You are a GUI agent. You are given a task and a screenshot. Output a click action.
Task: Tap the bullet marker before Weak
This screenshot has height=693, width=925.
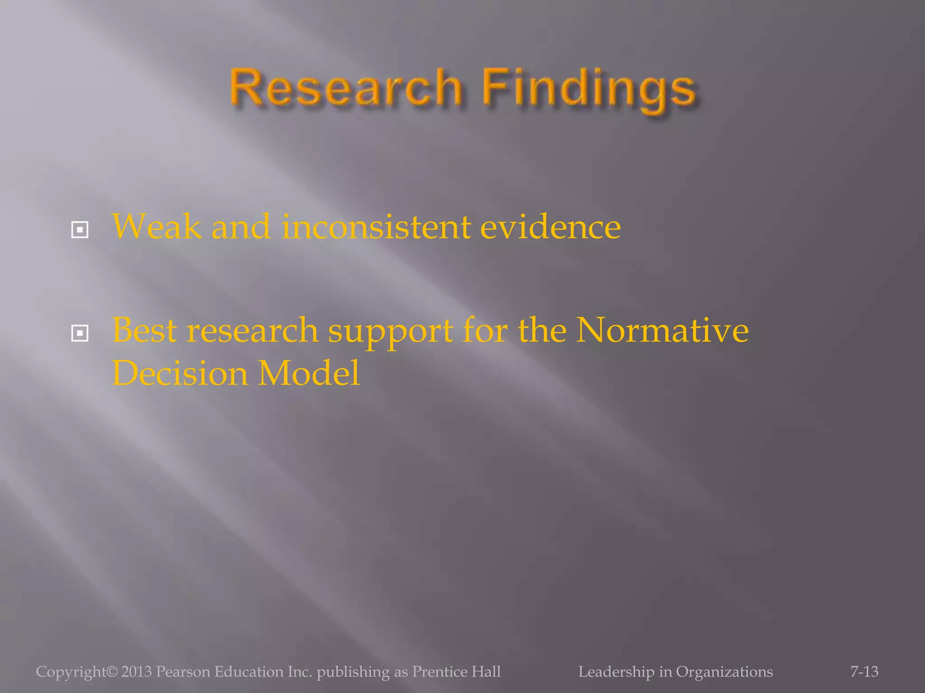[80, 230]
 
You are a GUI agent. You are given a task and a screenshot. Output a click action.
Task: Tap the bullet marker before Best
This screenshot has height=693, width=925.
[80, 333]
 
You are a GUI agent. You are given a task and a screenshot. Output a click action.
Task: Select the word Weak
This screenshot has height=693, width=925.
[156, 226]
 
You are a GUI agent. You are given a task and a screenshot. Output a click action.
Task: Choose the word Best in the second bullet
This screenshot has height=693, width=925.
[144, 330]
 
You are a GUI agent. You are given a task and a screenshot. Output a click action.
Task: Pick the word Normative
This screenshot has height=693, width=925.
[663, 330]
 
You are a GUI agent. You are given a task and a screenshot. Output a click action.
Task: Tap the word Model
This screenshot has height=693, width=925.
[309, 374]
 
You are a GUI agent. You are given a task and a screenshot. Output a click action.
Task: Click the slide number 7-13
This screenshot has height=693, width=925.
[864, 672]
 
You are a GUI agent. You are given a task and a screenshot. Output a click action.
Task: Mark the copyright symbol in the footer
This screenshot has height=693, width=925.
[112, 672]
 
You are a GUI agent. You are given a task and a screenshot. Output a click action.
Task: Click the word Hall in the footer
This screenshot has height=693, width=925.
[486, 672]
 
